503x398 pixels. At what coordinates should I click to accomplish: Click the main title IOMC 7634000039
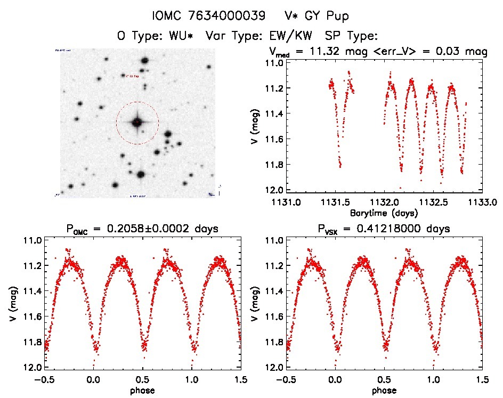click(208, 16)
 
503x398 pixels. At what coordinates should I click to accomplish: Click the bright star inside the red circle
click(137, 122)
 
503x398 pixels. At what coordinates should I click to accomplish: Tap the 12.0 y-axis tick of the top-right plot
click(274, 190)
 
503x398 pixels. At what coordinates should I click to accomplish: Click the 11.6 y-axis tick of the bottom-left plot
click(33, 316)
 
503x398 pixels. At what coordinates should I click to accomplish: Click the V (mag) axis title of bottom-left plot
click(12, 304)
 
